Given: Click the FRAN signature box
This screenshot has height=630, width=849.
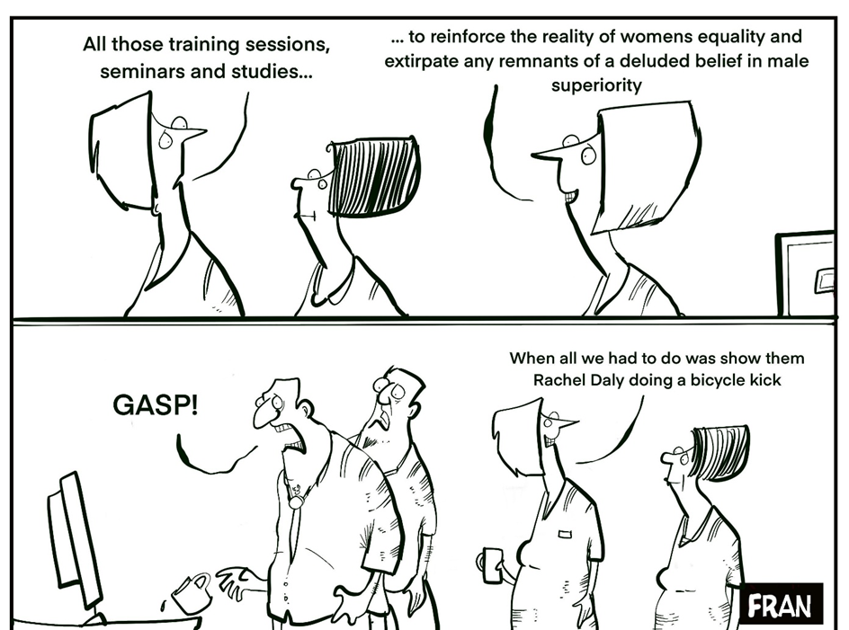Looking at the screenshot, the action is [x=782, y=603].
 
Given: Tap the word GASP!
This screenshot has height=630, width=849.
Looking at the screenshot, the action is [x=156, y=404].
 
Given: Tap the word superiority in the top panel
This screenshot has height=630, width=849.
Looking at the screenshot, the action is [x=596, y=85].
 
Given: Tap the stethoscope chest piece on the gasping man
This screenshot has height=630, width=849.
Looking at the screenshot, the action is [x=296, y=501].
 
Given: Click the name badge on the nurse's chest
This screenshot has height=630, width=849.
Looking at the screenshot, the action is [x=565, y=534].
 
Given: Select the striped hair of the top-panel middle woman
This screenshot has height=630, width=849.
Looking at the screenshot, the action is [x=373, y=176].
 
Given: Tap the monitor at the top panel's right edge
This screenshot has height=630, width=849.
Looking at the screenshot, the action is [x=806, y=273].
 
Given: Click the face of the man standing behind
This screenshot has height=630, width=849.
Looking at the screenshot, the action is [x=391, y=398].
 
